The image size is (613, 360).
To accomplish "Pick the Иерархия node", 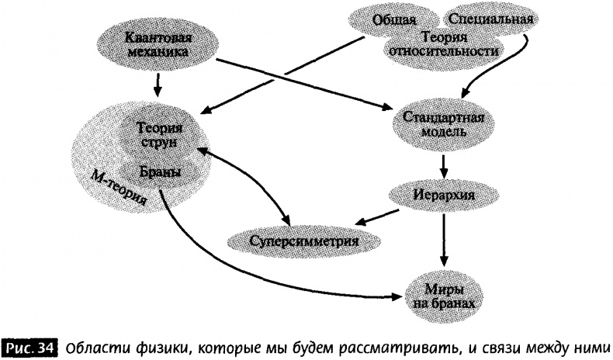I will (442, 192).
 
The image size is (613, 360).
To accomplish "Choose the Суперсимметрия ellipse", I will (304, 240).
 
